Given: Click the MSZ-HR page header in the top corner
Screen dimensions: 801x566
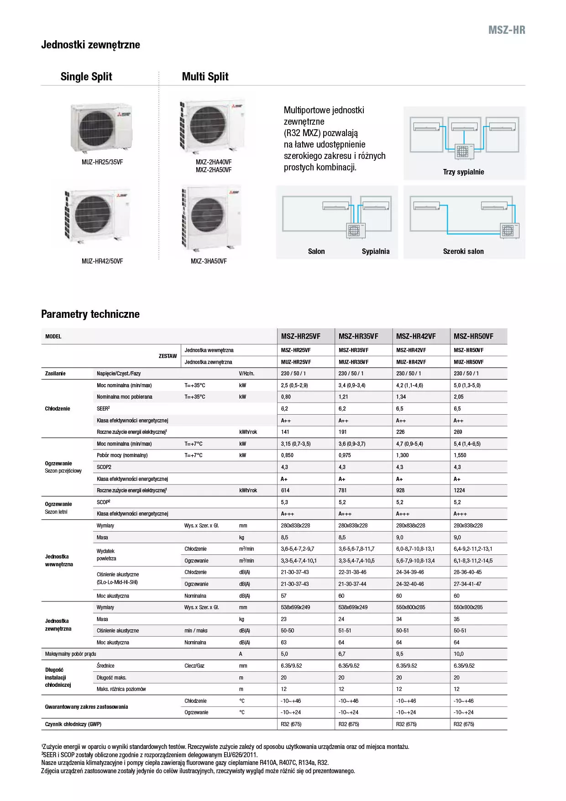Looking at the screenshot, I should (507, 30).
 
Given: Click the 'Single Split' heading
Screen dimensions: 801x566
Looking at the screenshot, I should (86, 77).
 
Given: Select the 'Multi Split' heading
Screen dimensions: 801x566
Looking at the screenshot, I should (205, 77).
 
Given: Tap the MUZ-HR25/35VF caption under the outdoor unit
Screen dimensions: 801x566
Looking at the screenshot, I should (102, 162).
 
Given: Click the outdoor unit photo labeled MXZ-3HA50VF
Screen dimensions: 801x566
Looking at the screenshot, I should (211, 218).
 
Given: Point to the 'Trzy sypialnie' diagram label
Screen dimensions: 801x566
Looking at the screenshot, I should (463, 172).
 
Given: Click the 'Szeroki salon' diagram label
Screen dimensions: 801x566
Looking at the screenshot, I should (463, 252).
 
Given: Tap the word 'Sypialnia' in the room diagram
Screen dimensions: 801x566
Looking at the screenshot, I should (376, 252).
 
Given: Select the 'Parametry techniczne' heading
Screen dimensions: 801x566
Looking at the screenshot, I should (90, 314).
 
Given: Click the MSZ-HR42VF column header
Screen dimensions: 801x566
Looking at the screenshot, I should (416, 337).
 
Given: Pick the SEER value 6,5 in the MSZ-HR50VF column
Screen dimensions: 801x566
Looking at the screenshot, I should (457, 409).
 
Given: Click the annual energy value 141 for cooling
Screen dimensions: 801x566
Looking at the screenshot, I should (285, 432).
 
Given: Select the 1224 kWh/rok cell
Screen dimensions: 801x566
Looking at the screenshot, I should (459, 490).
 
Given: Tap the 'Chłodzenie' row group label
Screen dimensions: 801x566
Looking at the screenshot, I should (58, 409).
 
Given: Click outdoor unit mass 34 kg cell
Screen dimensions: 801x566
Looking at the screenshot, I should (399, 619).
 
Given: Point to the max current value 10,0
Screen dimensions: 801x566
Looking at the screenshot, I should (458, 654).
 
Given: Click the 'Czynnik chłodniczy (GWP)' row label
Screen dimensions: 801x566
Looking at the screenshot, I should (73, 724).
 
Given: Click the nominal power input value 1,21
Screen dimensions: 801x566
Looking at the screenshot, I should (343, 397).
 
